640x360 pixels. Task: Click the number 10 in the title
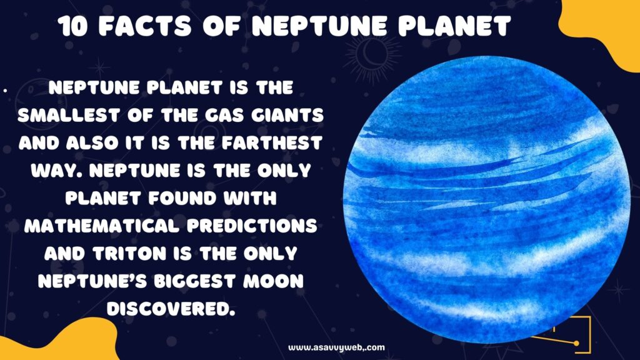(x=72, y=26)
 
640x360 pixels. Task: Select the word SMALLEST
(x=68, y=115)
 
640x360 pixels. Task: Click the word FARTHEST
(x=272, y=143)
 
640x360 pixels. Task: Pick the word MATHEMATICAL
(x=102, y=226)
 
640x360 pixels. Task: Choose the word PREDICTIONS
(x=252, y=226)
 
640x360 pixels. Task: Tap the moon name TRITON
(x=129, y=254)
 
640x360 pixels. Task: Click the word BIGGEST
(x=195, y=281)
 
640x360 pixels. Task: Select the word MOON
(x=274, y=281)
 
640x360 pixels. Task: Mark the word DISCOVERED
(x=171, y=309)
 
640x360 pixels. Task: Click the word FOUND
(x=182, y=198)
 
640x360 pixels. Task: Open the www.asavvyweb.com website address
(x=336, y=347)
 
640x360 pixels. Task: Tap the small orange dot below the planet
(x=576, y=343)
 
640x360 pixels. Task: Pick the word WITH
(x=250, y=198)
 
